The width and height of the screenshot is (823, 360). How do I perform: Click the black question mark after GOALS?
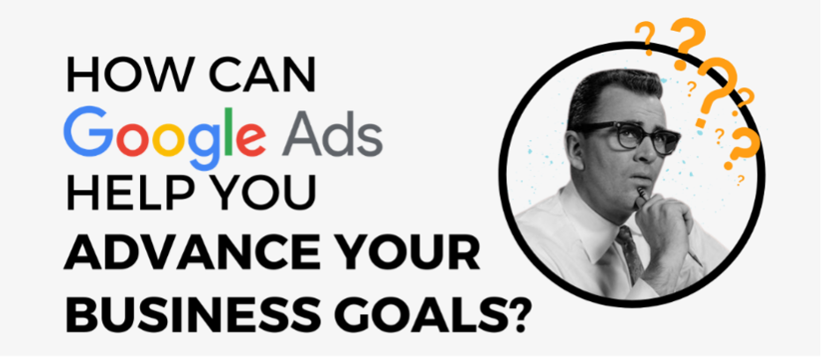[516, 315]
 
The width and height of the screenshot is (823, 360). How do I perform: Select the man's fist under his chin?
[664, 220]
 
